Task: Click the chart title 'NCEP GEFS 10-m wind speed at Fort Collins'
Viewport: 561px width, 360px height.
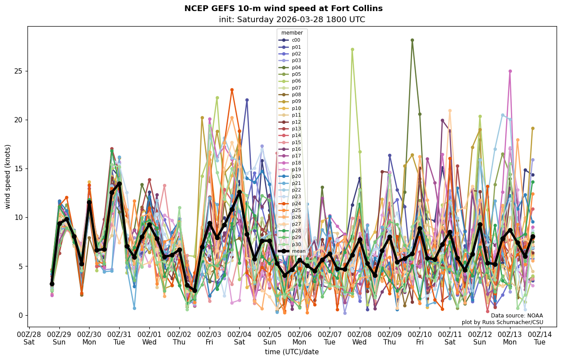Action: [283, 8]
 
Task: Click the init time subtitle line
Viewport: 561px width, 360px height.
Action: [292, 20]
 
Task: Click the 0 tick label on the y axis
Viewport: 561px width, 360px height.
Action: [21, 315]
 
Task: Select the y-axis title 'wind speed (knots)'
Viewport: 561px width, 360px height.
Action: [8, 176]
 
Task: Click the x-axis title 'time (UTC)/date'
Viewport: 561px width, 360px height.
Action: [292, 352]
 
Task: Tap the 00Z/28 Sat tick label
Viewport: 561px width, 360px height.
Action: [29, 338]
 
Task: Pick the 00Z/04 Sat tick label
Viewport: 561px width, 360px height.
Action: [239, 338]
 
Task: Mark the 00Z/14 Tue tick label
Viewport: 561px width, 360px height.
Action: [540, 338]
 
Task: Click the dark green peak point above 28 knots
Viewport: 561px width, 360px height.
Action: [412, 40]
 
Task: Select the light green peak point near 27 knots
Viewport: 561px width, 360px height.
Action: [352, 49]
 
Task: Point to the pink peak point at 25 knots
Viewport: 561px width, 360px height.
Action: [510, 71]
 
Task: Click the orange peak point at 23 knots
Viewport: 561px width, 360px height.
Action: [232, 90]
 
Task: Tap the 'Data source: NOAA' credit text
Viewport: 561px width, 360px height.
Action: [517, 316]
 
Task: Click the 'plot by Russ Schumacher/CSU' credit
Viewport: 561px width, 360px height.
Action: [502, 322]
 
